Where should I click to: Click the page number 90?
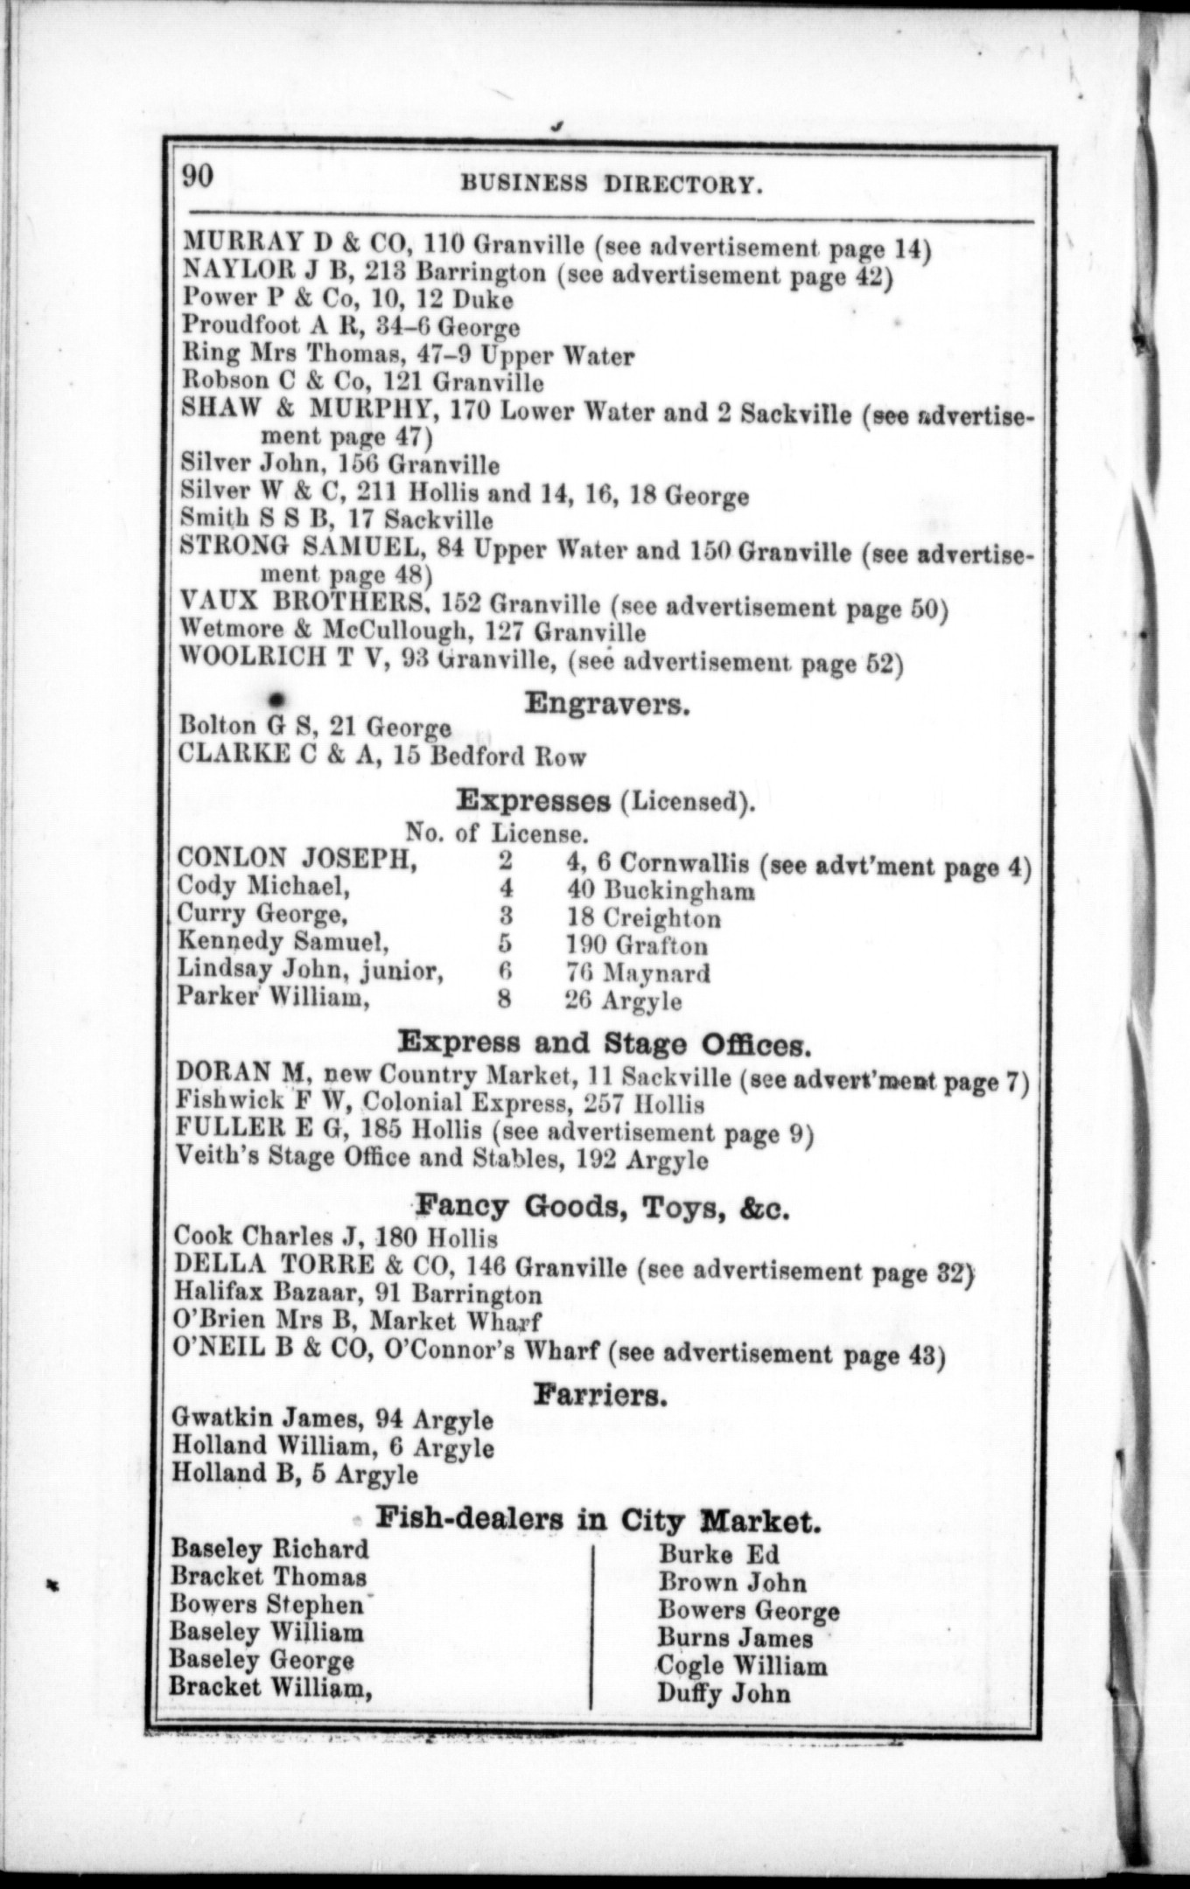click(197, 176)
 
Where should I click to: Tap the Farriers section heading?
click(600, 1395)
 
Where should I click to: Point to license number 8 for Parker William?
click(504, 999)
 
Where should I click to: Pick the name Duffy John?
click(724, 1693)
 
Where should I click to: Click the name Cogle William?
click(742, 1665)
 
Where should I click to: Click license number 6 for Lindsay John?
click(505, 972)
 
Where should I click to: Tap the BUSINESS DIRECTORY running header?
click(607, 184)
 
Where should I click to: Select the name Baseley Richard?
click(269, 1549)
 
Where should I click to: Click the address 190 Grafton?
click(637, 944)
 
